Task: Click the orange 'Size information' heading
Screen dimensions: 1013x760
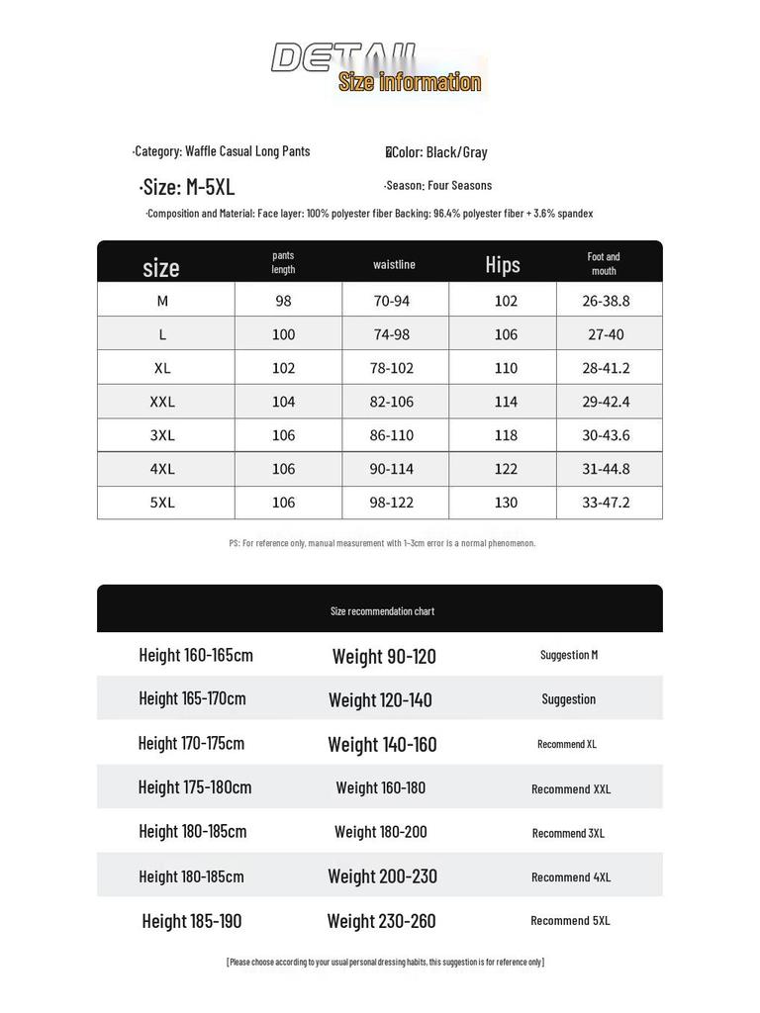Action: (x=410, y=82)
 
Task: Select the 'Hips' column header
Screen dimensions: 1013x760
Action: (x=503, y=265)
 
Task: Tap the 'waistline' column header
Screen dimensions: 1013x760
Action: (x=394, y=264)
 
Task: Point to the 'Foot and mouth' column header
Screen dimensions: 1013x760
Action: (x=604, y=263)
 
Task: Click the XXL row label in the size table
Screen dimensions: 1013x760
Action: (x=162, y=402)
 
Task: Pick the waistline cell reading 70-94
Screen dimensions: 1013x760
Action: (x=392, y=301)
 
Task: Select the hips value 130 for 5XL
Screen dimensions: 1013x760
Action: (x=506, y=503)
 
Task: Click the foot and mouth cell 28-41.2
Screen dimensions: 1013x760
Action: (x=606, y=368)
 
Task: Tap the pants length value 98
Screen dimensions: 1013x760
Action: (x=283, y=301)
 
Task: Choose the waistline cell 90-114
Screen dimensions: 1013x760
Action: (x=392, y=469)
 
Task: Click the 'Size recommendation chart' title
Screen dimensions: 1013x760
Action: (x=382, y=611)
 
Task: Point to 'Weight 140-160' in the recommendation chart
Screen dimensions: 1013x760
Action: (x=382, y=745)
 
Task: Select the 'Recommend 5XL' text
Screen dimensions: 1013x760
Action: (x=570, y=921)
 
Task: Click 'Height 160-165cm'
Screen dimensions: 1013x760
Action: (x=196, y=655)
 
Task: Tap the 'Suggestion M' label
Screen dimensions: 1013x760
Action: (x=569, y=655)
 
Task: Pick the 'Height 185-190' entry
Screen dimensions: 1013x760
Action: (x=192, y=921)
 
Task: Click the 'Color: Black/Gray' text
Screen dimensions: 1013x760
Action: (x=437, y=152)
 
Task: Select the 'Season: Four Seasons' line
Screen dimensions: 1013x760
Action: (x=438, y=186)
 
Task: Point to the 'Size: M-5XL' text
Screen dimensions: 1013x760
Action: (x=187, y=188)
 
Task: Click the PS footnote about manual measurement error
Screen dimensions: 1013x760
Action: (x=382, y=543)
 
